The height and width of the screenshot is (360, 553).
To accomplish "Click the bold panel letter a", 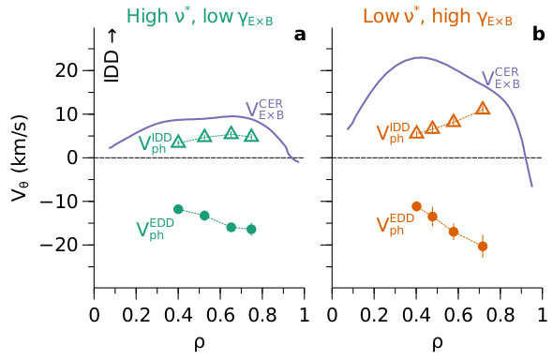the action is [x=300, y=35].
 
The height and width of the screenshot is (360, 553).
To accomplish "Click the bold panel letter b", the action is [x=539, y=34].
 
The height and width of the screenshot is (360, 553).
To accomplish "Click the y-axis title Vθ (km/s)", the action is [x=19, y=157].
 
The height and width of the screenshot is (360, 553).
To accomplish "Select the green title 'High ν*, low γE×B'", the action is [x=200, y=17].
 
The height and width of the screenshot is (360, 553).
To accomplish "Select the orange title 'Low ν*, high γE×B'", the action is [x=438, y=17].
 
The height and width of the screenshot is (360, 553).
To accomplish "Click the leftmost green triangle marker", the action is [x=178, y=142].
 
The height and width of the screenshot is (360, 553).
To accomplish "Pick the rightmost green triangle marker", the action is [x=251, y=135].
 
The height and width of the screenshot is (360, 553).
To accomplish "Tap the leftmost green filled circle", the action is [x=178, y=209].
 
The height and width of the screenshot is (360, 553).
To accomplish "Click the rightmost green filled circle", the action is [x=251, y=229].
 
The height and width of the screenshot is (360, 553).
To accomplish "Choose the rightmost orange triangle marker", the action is [x=483, y=108].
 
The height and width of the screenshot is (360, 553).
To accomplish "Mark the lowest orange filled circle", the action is [x=483, y=247].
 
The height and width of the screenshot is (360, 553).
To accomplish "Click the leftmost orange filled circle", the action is [x=416, y=206].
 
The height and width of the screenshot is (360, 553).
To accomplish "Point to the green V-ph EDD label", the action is [x=156, y=229].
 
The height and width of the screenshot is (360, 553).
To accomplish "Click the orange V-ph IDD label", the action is [x=394, y=132].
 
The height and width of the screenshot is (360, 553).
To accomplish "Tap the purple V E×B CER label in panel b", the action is [x=501, y=78].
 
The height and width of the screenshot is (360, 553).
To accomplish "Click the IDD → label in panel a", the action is [x=112, y=56].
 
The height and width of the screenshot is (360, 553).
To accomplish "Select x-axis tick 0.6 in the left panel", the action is [x=220, y=315].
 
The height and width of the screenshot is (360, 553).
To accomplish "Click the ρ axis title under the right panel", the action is [x=438, y=344].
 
